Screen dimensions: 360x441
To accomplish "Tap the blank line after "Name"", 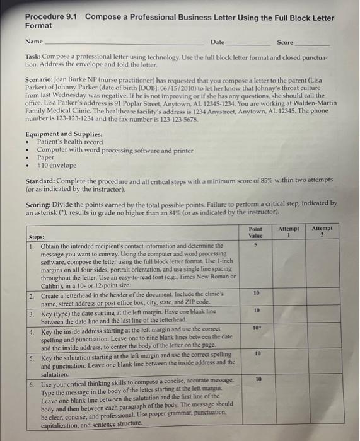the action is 126,45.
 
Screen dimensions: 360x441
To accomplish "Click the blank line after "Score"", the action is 313,45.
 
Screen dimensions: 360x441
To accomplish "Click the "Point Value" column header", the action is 255,231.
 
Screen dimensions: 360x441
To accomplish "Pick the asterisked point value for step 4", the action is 256,328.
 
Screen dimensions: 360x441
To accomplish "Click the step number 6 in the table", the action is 33,383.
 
